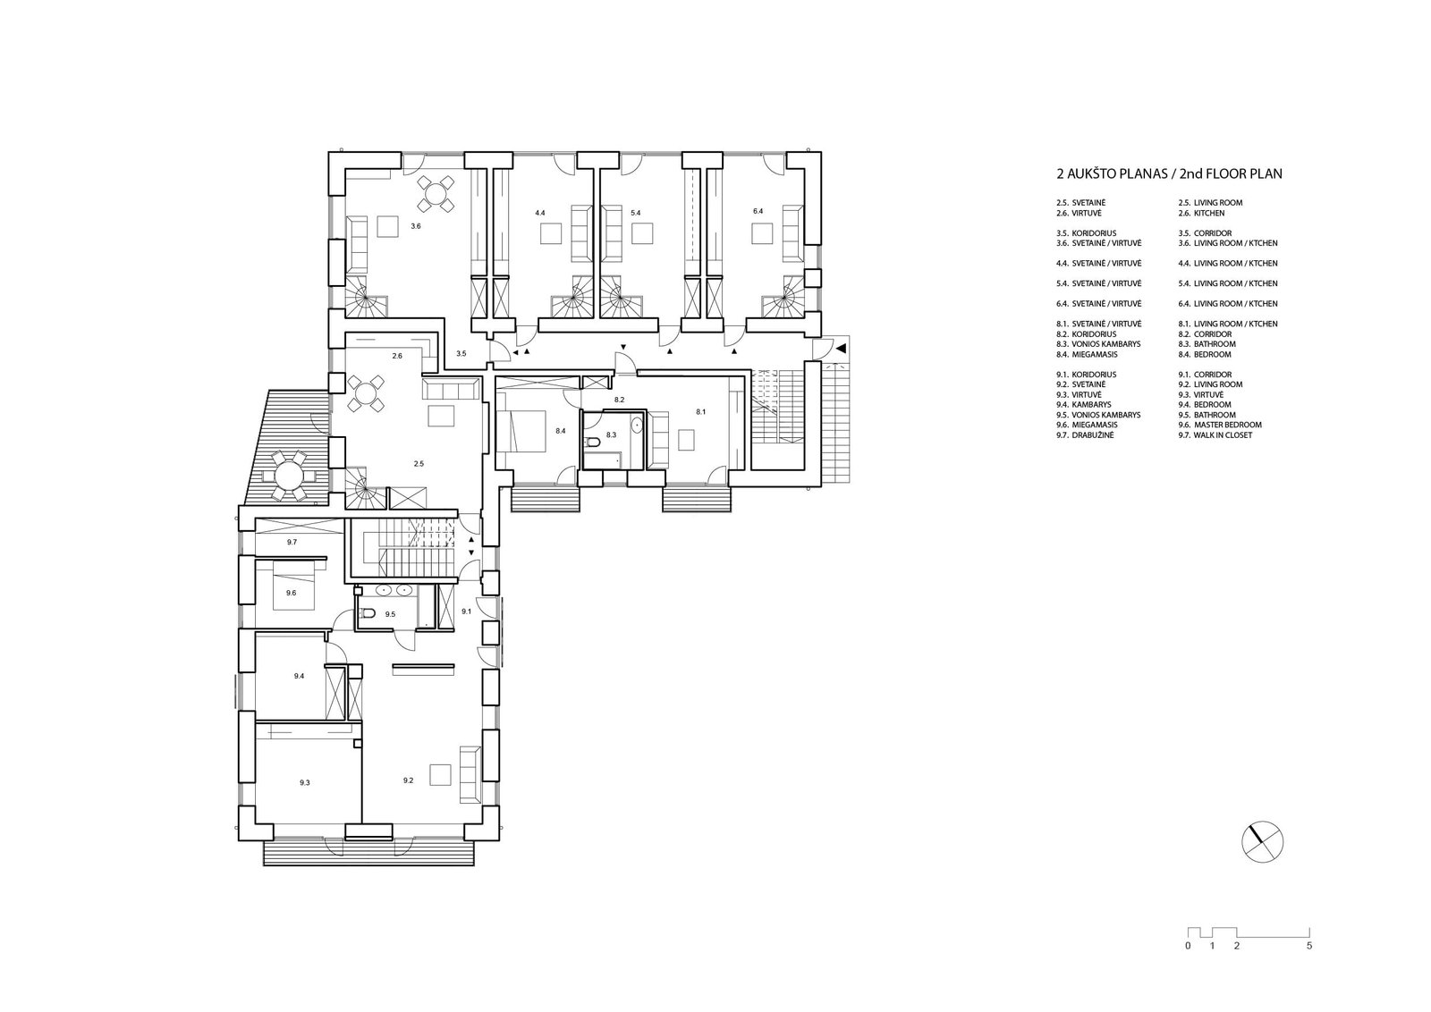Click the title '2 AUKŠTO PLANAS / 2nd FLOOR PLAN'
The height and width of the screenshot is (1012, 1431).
click(x=1169, y=173)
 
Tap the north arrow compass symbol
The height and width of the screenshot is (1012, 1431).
click(x=1262, y=841)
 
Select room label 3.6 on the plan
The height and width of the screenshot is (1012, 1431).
click(x=416, y=226)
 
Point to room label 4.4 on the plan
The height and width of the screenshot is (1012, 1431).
click(x=540, y=213)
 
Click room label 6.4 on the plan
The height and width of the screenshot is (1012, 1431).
click(x=758, y=211)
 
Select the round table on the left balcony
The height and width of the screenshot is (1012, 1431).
click(x=288, y=476)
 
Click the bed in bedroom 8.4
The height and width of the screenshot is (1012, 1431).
click(x=521, y=431)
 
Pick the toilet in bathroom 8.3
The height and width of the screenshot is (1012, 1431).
click(x=594, y=442)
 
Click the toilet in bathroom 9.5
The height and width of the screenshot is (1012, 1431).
click(x=366, y=614)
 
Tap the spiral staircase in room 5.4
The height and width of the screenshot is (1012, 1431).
click(x=617, y=295)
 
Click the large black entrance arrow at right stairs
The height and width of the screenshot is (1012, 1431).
click(x=841, y=349)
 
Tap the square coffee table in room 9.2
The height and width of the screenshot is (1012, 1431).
click(x=439, y=774)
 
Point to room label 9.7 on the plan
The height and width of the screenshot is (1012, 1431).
click(x=292, y=542)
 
